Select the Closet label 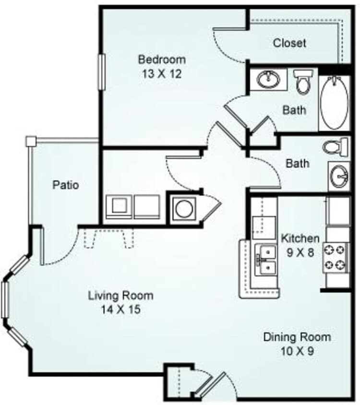[x=289, y=43]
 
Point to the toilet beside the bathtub [x=302, y=82]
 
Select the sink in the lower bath [x=340, y=177]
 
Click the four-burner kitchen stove [x=336, y=257]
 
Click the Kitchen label [x=300, y=238]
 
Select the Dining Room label [x=297, y=336]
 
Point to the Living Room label [x=120, y=295]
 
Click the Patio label [x=66, y=184]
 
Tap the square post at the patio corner [x=31, y=141]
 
